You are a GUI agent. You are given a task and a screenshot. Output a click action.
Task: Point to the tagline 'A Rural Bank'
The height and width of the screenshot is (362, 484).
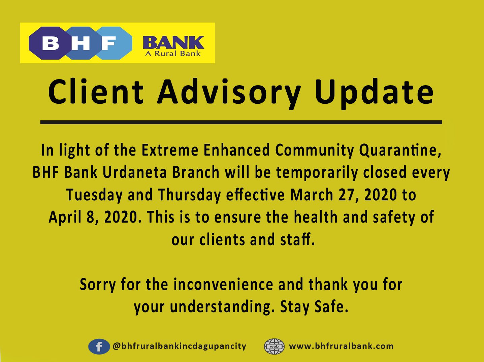[x=173, y=54]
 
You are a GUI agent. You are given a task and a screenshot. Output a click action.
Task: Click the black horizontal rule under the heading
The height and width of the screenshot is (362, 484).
[x=241, y=122]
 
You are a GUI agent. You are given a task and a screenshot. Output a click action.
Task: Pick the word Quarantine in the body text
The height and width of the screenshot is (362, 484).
[x=400, y=150]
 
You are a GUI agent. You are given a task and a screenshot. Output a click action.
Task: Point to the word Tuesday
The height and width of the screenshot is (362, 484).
[x=94, y=195]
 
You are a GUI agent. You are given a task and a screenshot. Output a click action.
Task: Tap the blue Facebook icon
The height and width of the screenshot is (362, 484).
[x=99, y=347]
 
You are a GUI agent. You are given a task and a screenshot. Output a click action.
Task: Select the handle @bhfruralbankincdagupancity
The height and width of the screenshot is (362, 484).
[x=180, y=346]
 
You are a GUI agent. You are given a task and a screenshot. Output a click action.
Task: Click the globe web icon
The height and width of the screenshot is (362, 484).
[x=274, y=347]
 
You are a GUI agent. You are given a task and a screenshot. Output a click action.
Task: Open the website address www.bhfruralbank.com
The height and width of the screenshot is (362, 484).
[x=341, y=346]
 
